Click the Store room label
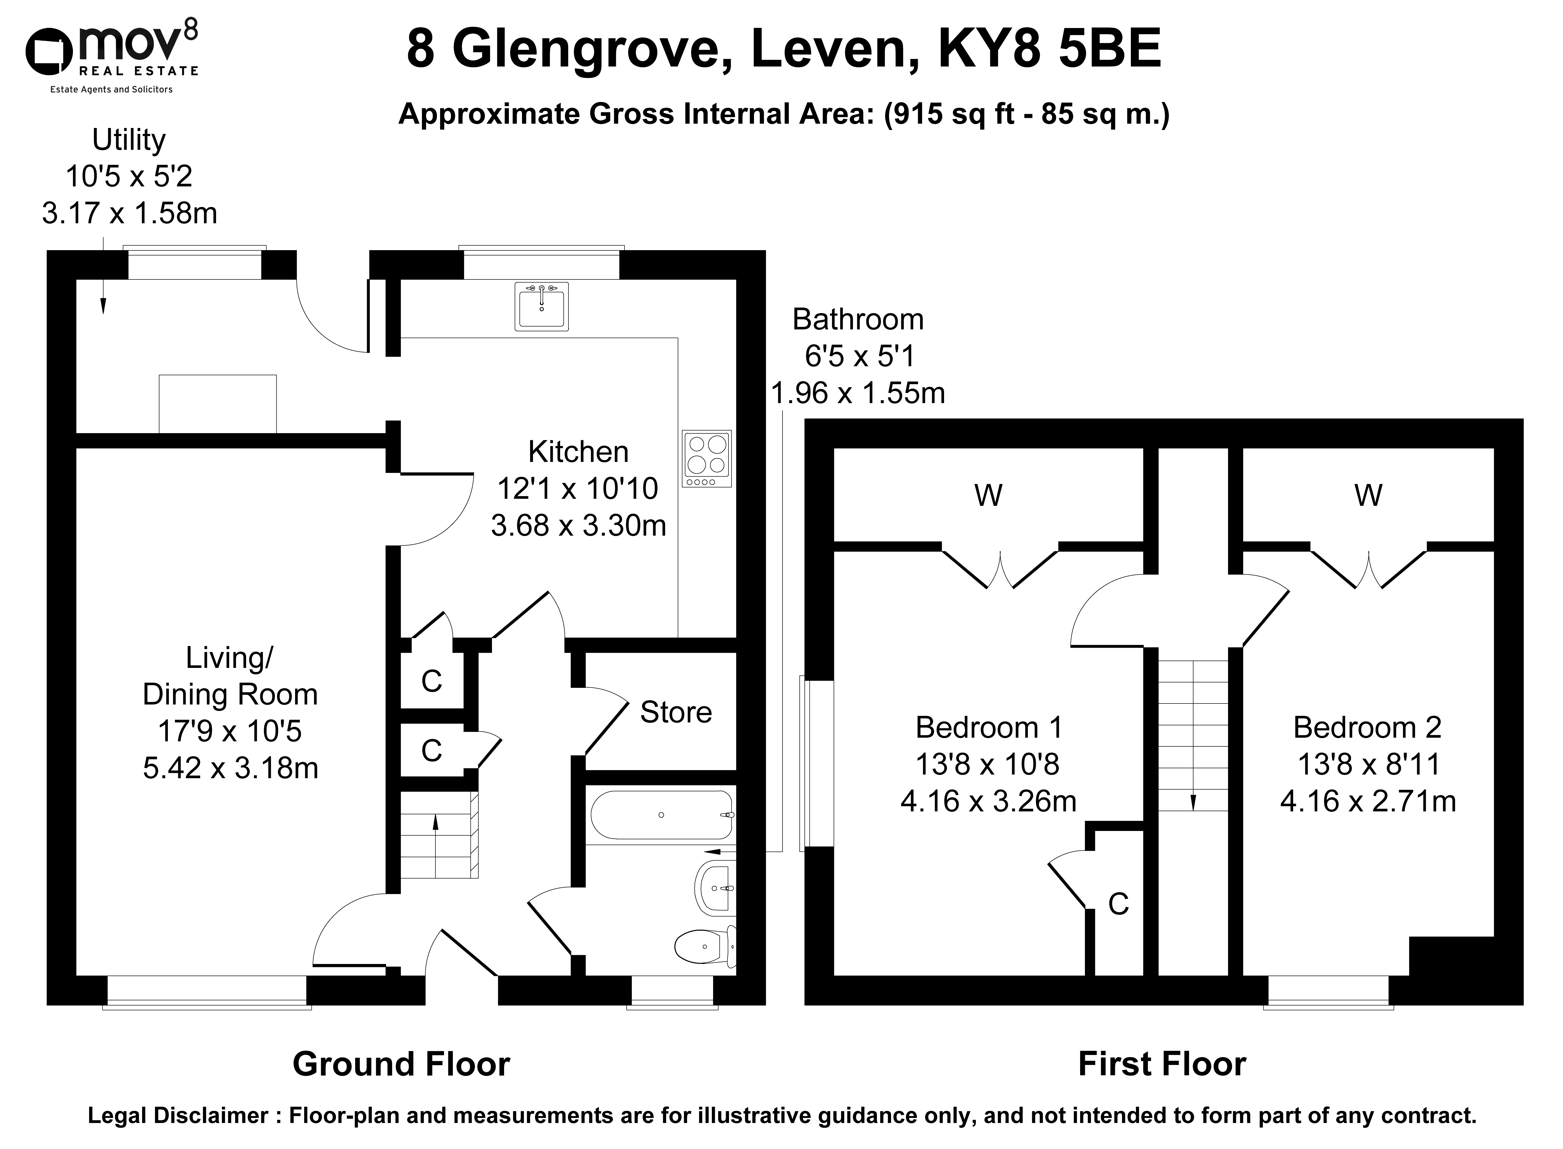click(x=675, y=712)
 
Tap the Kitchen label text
click(x=578, y=452)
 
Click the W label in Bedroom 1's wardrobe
click(x=988, y=495)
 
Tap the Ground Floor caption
click(x=401, y=1064)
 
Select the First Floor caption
click(x=1162, y=1064)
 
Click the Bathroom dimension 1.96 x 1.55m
click(x=858, y=394)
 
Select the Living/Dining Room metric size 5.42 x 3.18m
click(x=230, y=768)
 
